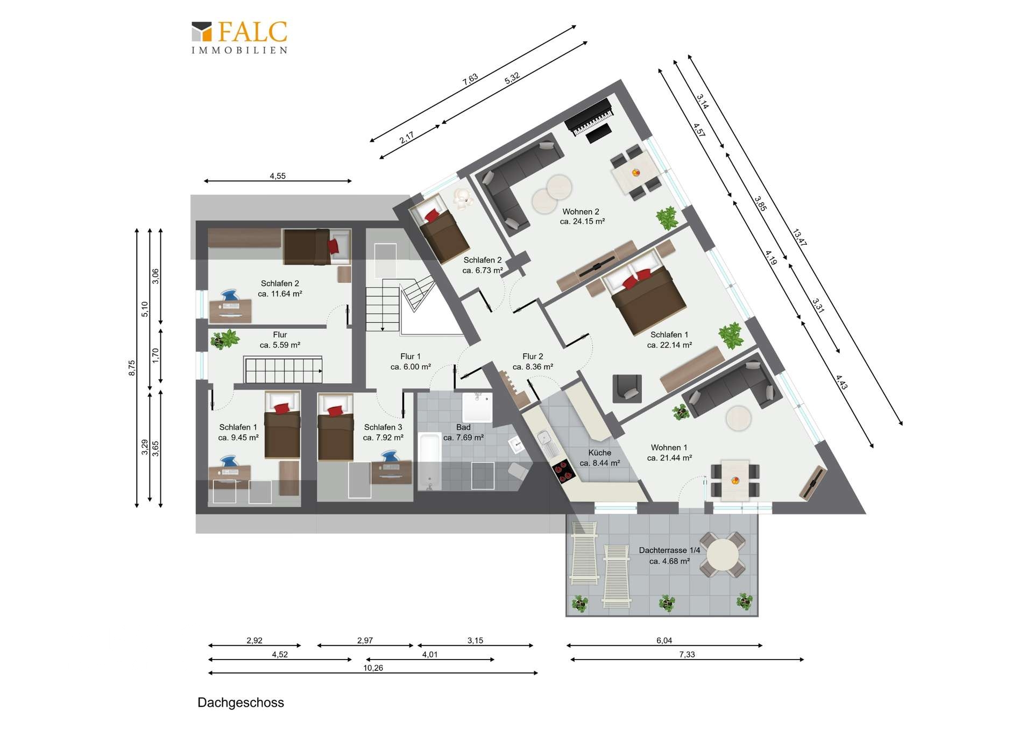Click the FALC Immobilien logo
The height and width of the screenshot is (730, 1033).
coord(239,38)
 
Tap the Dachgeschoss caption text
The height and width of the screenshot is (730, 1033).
coord(240,703)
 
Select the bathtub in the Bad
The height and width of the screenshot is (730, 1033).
coord(429,462)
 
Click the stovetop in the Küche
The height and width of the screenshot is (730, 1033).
coord(563,472)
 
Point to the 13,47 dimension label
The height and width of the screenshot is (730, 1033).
coord(799,238)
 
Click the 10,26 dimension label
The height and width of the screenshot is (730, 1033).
coord(373,668)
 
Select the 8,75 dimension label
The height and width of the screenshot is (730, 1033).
coord(132,368)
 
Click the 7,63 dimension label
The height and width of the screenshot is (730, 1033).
coord(470,79)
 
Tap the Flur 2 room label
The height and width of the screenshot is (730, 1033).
coord(533,356)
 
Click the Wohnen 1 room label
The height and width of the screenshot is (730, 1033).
coord(669,448)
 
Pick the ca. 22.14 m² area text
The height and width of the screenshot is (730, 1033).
coord(669,345)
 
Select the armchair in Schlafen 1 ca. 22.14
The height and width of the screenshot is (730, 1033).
coord(627,388)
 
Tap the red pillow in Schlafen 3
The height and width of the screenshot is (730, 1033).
coord(334,411)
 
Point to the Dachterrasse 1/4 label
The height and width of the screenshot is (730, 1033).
coord(669,550)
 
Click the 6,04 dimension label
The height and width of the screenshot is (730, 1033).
coord(664,641)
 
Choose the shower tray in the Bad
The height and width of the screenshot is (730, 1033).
coord(477,407)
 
